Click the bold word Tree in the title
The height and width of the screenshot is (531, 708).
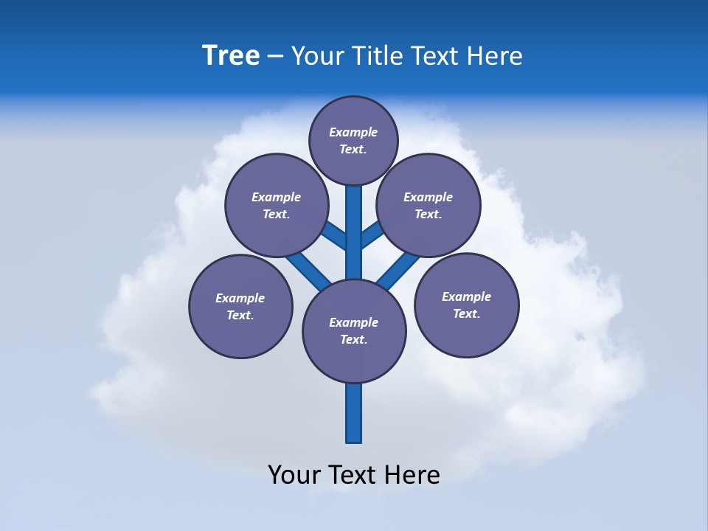click(231, 55)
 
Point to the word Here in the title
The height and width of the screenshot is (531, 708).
click(494, 55)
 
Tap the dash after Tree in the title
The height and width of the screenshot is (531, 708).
click(275, 56)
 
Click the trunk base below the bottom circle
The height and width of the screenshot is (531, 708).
click(354, 417)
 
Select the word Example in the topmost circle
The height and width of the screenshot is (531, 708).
click(353, 132)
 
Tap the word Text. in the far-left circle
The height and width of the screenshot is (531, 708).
click(240, 315)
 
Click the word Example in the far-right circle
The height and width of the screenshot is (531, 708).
click(466, 296)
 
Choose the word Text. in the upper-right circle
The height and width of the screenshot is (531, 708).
click(428, 214)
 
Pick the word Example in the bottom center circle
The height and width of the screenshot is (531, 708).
click(354, 322)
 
